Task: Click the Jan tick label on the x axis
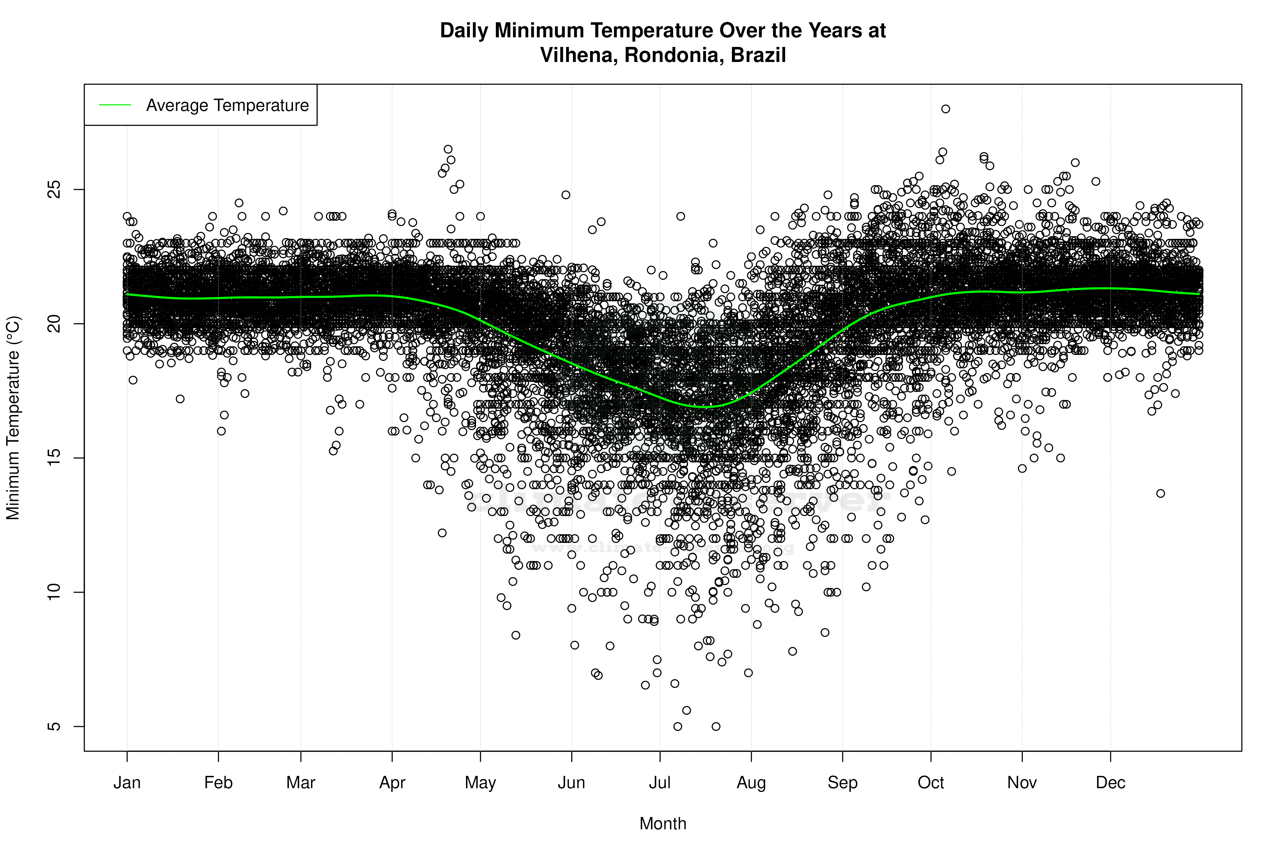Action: [x=127, y=783]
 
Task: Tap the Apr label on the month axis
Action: [x=392, y=783]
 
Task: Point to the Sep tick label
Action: [x=843, y=783]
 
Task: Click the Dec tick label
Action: [x=1110, y=783]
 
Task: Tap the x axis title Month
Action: [x=663, y=824]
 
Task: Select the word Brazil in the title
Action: [x=758, y=55]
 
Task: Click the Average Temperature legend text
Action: [x=227, y=105]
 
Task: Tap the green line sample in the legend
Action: [x=115, y=105]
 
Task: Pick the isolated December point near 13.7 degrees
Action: [x=1160, y=493]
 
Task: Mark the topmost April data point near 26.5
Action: [x=448, y=149]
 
